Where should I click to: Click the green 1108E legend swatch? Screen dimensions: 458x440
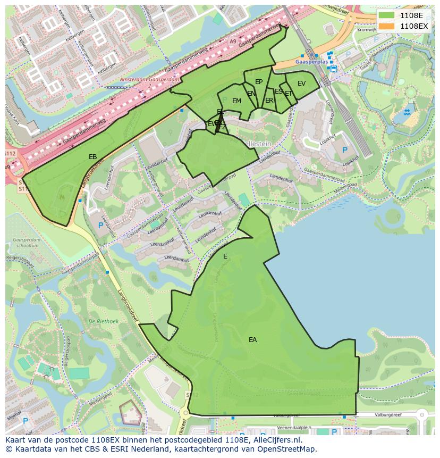click(386, 15)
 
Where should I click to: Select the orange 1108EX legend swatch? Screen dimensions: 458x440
click(386, 26)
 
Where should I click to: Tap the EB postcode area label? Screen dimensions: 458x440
click(92, 157)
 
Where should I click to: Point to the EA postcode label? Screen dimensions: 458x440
click(252, 339)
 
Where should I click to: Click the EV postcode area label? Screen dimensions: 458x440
click(301, 84)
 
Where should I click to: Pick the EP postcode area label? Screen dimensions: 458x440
click(259, 82)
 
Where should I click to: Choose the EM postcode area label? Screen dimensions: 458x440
click(236, 101)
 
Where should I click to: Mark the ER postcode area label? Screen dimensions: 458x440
click(269, 101)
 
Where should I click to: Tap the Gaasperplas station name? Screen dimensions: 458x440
click(310, 62)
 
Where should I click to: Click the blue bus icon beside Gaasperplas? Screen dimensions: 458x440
click(333, 68)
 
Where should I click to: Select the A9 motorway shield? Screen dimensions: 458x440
click(233, 41)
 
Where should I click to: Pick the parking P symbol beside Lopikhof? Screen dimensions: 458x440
click(344, 150)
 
